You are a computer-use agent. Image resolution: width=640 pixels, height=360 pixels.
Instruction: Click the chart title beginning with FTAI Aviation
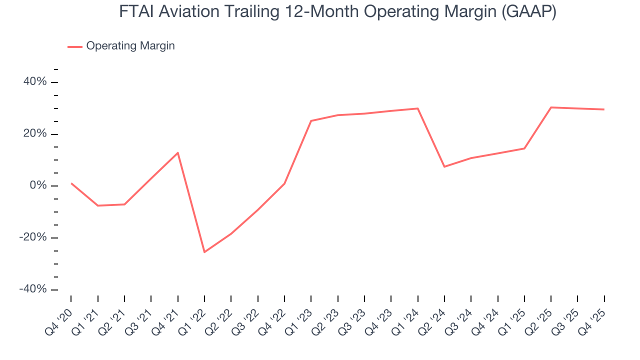(337, 12)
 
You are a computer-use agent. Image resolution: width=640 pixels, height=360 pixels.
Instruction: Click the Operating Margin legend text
(130, 46)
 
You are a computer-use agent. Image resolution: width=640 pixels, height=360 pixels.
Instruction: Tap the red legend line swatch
(75, 46)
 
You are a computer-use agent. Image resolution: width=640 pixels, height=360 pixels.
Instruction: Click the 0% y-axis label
(38, 185)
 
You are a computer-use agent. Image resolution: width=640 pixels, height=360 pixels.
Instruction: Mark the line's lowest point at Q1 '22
(204, 252)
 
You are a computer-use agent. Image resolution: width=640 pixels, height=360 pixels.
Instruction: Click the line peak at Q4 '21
(178, 152)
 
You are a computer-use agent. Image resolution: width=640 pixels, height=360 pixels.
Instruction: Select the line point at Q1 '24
(417, 108)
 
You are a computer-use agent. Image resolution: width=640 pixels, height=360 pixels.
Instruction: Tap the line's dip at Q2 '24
(444, 166)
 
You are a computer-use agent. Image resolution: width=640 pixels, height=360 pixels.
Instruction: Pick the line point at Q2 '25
(551, 107)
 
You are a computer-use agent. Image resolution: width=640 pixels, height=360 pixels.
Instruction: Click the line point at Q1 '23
(311, 120)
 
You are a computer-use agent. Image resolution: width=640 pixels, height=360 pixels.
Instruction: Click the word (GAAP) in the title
(528, 12)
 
